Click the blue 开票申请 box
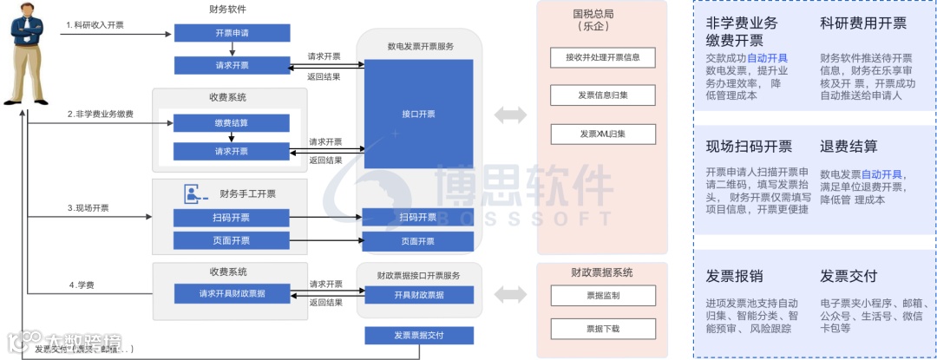(231, 33)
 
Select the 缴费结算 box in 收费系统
(231, 123)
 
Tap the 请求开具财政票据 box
(232, 294)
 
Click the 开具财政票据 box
(419, 295)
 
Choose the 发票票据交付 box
(419, 336)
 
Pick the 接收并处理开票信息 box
(602, 58)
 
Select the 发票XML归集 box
(602, 134)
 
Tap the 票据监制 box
(602, 296)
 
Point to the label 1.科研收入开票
(95, 25)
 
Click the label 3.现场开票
(88, 208)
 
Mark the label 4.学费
(82, 285)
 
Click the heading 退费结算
(849, 147)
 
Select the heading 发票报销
(734, 277)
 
